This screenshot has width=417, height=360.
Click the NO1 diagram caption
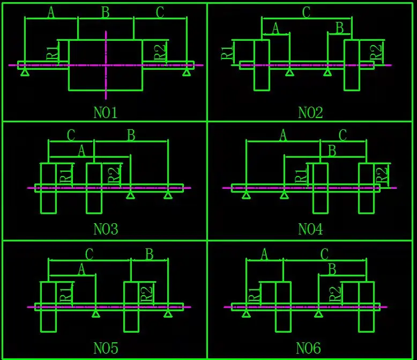tap(106, 113)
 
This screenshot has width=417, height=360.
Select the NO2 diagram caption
tap(310, 113)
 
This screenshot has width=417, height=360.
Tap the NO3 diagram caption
tap(106, 230)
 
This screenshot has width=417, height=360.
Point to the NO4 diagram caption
tap(310, 230)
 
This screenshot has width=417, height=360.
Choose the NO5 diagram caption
tap(106, 348)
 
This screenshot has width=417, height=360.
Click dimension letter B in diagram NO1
tap(106, 13)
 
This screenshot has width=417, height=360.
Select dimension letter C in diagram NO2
tap(306, 13)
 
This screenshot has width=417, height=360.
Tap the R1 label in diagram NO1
tap(52, 53)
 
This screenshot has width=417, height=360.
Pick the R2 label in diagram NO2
tap(377, 53)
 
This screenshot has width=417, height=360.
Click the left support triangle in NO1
tap(25, 72)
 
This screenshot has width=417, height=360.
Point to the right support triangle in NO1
tap(187, 72)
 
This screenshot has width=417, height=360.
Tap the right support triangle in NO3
tap(168, 195)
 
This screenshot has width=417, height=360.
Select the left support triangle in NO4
tap(246, 195)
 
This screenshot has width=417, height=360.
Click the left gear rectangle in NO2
tap(262, 65)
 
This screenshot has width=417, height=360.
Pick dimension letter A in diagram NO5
tap(81, 269)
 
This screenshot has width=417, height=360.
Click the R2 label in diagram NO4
tap(382, 174)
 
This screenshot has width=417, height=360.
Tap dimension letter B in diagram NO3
tap(131, 135)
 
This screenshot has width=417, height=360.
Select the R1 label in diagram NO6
tap(255, 294)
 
